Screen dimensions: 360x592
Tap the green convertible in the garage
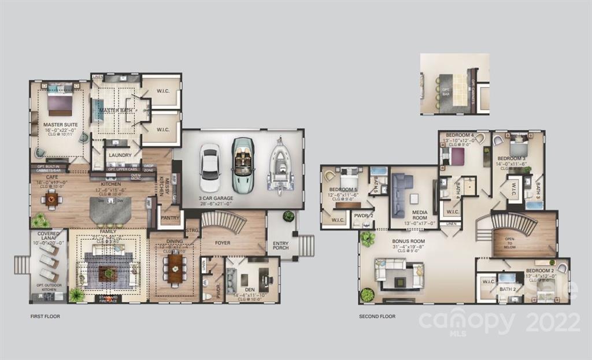pos(243,164)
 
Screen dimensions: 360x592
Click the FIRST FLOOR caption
pos(45,317)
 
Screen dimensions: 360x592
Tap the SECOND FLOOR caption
pos(377,317)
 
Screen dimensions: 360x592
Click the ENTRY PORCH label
pos(281,247)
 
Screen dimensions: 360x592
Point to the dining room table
pos(176,269)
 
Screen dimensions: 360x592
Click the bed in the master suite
pos(60,103)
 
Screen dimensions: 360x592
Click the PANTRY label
pos(170,218)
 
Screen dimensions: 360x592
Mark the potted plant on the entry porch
pos(288,216)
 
